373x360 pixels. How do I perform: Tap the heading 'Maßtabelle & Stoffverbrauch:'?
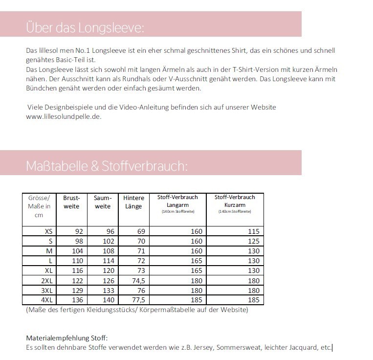click(x=107, y=166)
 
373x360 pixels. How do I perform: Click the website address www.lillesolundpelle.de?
click(x=64, y=116)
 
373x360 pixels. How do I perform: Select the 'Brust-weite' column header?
click(x=71, y=202)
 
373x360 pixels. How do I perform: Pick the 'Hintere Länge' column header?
click(x=133, y=202)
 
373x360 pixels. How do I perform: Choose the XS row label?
click(x=48, y=231)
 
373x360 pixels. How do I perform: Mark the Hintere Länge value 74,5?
click(x=138, y=280)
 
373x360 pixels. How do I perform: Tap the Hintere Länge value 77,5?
click(x=138, y=300)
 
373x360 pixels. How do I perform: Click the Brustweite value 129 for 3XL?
click(x=77, y=290)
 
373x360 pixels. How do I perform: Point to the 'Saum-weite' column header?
click(x=103, y=202)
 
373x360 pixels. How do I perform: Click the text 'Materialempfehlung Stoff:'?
click(x=66, y=338)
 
